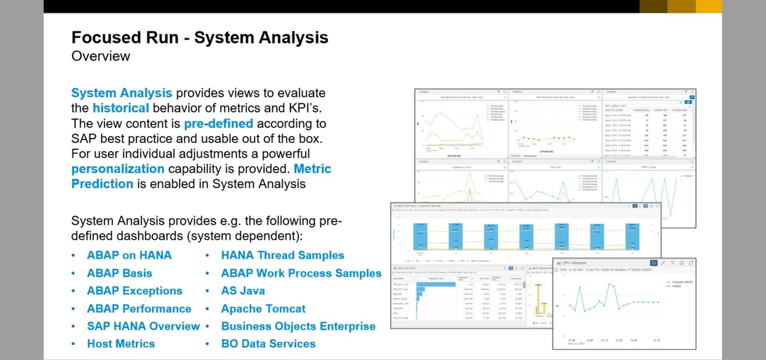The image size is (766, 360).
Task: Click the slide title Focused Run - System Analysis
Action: (200, 38)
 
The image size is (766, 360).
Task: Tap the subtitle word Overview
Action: (101, 56)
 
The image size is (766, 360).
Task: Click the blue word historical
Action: (121, 109)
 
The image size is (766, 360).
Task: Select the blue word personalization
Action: (117, 169)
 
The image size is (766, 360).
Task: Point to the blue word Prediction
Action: (102, 184)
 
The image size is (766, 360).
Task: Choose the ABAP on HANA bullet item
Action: (129, 255)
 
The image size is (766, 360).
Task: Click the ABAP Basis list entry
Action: (119, 273)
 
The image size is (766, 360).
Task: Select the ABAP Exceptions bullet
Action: (134, 291)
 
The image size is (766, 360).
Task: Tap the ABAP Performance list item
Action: (139, 309)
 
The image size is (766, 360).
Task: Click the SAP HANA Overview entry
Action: (143, 326)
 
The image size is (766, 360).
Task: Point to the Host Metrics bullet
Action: (121, 344)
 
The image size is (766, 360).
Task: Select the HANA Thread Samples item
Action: (282, 255)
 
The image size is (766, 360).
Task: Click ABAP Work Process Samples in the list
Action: (301, 273)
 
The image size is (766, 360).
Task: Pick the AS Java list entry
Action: (243, 291)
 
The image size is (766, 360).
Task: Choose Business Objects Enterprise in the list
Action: (298, 326)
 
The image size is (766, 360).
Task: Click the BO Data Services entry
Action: (268, 344)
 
